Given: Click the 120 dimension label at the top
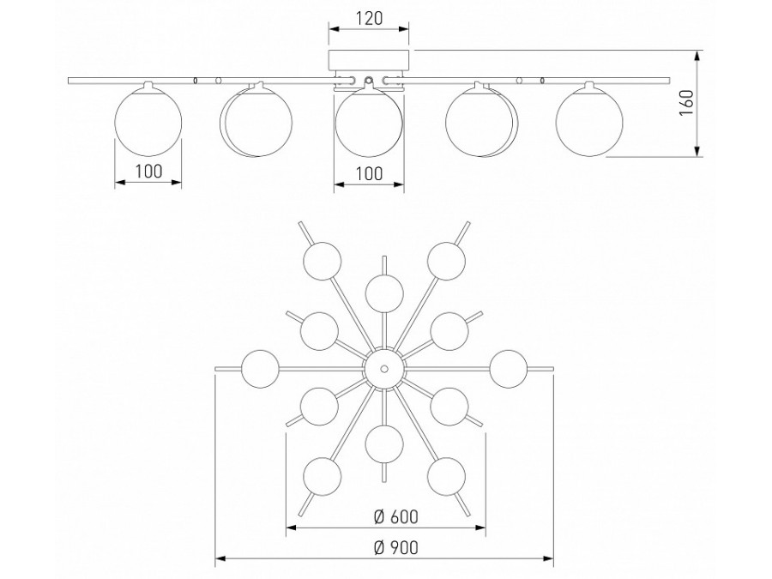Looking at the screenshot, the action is [x=369, y=18].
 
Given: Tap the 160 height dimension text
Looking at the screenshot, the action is [x=686, y=103].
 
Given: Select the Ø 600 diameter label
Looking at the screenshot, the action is [x=395, y=516].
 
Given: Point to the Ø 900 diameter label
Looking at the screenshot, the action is [x=395, y=547].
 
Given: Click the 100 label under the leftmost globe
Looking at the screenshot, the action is [x=148, y=172].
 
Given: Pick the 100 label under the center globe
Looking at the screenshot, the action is [x=369, y=173].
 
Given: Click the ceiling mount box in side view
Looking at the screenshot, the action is [x=369, y=59].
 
